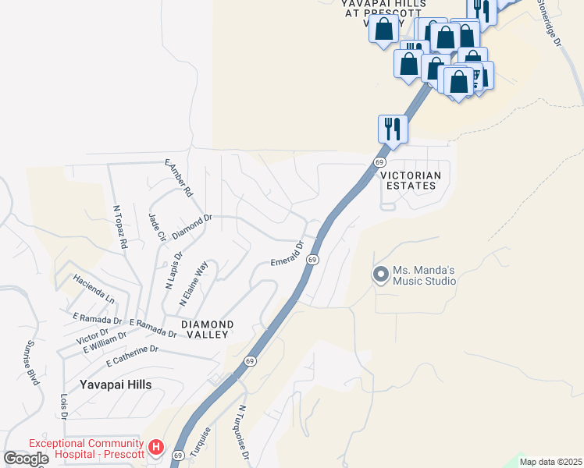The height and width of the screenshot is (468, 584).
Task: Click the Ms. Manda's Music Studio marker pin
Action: pos(380,275)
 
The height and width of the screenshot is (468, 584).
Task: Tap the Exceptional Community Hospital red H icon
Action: pos(156,448)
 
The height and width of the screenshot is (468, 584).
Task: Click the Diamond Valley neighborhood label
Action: pos(207,329)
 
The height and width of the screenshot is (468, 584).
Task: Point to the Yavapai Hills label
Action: pos(116,385)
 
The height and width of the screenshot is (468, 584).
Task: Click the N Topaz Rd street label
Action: pos(120,227)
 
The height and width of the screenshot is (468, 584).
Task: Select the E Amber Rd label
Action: pos(178,178)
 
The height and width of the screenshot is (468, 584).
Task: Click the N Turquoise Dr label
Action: pos(244,433)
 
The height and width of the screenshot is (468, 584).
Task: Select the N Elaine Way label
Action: pos(194,283)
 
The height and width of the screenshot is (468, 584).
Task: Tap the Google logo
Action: pos(26,459)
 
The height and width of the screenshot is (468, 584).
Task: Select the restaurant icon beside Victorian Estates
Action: pos(393,129)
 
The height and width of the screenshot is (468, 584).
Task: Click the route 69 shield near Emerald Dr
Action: pos(312,259)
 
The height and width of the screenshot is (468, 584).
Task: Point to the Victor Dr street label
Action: pos(92,336)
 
